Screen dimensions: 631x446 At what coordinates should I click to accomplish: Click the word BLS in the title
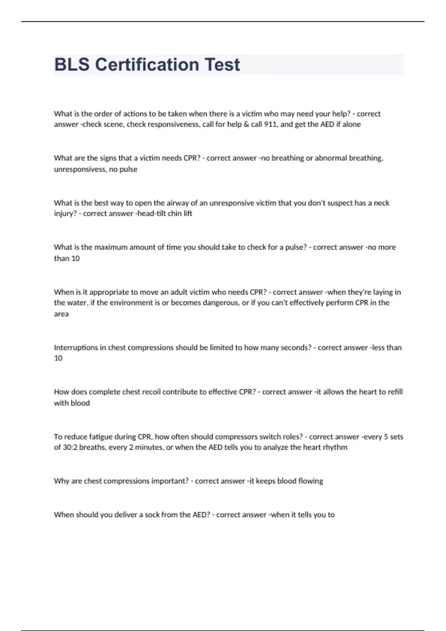72,65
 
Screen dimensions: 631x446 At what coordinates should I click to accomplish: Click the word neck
381,203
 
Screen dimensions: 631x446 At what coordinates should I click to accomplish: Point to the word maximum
111,247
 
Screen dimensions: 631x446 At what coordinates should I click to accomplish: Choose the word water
77,303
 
